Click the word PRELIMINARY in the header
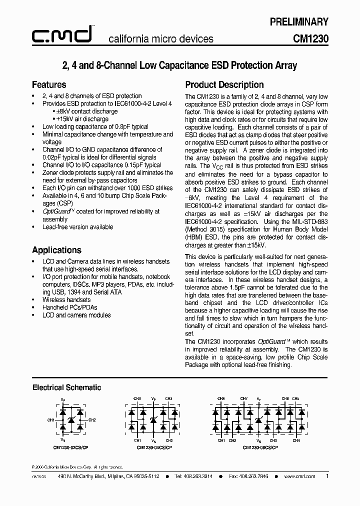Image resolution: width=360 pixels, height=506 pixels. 299,21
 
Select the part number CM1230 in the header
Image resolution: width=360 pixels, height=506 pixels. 310,38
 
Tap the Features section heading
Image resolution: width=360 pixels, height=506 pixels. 49,84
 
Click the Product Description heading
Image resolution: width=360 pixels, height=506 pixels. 224,84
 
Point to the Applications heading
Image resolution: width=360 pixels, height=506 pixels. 56,250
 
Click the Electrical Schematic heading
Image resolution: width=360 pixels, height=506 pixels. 66,387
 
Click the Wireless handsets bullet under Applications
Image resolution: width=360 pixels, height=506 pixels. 66,299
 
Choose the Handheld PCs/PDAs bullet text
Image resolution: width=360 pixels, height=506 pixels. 69,307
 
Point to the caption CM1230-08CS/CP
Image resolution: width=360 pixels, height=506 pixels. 260,447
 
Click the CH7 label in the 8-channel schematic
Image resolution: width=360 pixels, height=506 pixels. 243,398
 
